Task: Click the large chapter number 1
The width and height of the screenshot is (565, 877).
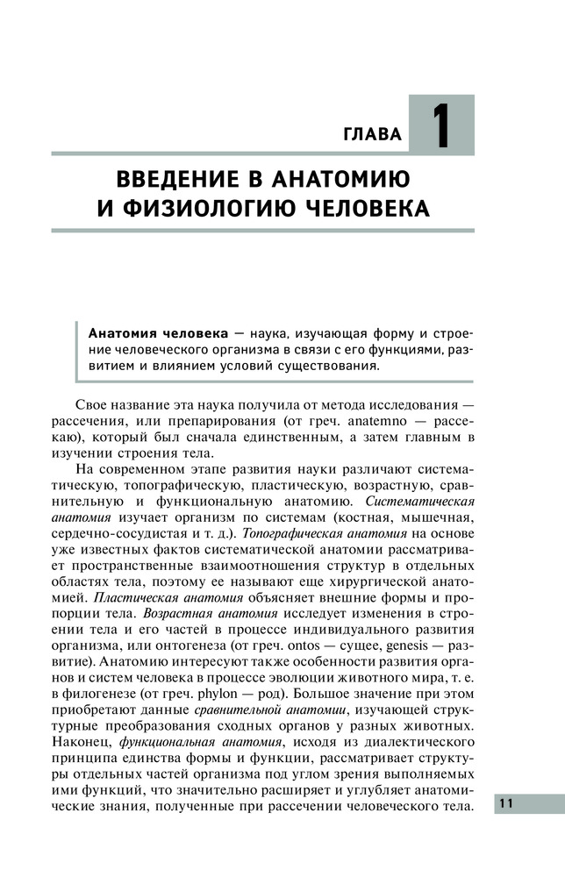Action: [x=441, y=126]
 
